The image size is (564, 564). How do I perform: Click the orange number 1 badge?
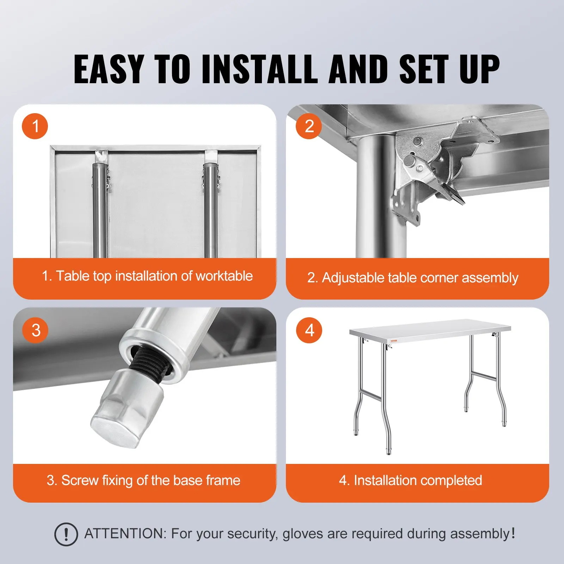point(35,126)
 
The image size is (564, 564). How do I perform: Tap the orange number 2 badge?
point(309,126)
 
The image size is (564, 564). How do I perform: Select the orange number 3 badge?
point(35,330)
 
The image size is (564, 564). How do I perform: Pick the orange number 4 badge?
point(309,330)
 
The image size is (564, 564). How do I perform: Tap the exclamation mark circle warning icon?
point(66,534)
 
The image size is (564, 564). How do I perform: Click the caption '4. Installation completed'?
point(410,480)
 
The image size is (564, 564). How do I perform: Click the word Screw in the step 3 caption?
point(80,480)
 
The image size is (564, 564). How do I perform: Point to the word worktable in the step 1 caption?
point(224,276)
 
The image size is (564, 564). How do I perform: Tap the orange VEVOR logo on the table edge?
point(394,341)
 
